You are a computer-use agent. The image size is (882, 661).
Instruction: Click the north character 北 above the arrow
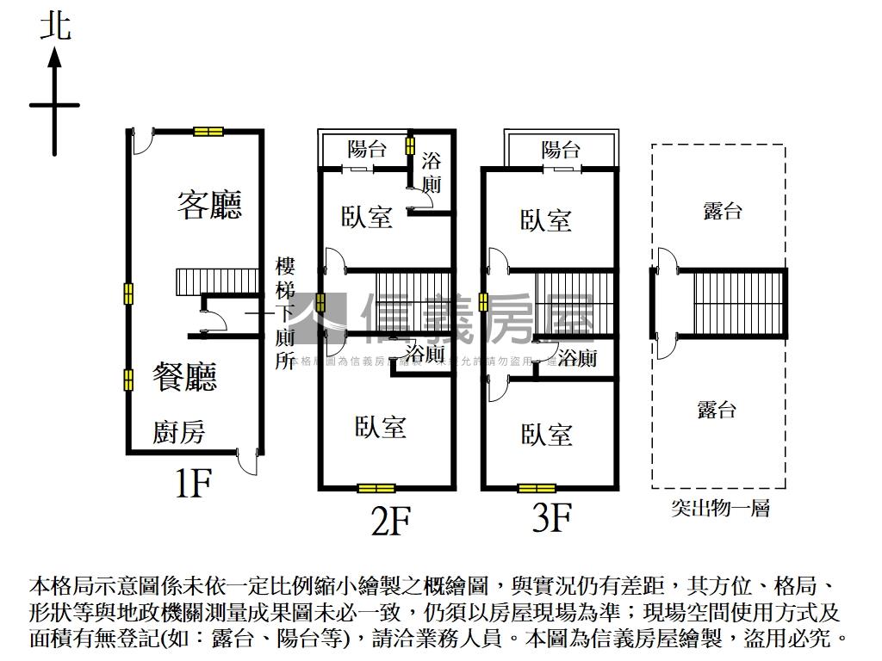pos(55,28)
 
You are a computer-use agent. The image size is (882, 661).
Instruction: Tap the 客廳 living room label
pos(209,204)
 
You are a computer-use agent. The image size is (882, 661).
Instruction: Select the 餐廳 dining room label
pos(184,377)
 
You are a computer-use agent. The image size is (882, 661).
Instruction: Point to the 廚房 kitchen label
pos(179,432)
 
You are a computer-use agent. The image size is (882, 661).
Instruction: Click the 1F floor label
pos(193,484)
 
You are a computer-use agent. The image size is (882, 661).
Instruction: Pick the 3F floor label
pos(552,518)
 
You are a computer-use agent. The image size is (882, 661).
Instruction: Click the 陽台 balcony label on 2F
pos(367,149)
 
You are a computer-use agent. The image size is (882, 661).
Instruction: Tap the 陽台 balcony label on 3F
pos(561,150)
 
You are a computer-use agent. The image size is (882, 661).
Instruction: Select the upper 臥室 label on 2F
pos(366,216)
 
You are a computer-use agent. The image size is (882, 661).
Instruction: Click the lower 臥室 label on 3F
pos(547,434)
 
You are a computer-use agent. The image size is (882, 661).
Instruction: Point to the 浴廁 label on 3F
pos(576,357)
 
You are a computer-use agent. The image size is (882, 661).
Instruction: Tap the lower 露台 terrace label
pos(717,410)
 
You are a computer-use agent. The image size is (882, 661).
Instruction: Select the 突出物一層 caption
pos(720,508)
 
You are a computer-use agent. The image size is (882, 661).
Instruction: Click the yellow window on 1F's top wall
pos(208,132)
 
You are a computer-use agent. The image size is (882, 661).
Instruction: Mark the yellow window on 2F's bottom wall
pos(376,489)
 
